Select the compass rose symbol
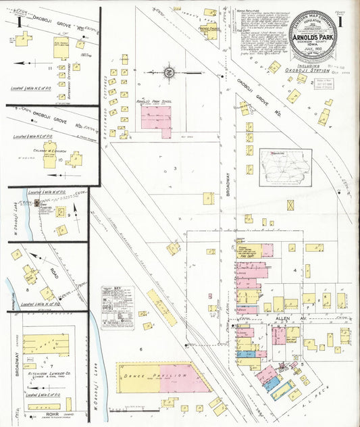click(169, 71)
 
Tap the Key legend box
click(118, 307)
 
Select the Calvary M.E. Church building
click(50, 159)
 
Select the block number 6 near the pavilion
click(140, 349)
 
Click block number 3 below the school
click(174, 168)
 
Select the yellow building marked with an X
click(290, 204)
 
